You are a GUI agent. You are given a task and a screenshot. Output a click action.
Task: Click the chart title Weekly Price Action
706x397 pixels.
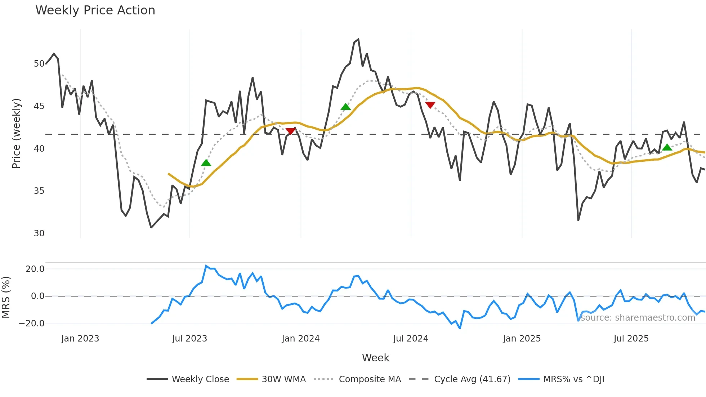click(95, 10)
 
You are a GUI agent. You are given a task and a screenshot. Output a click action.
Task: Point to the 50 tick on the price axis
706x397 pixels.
click(39, 64)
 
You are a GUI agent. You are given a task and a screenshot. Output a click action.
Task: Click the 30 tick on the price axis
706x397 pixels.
click(39, 233)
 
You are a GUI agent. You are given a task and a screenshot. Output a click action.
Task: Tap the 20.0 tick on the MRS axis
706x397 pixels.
click(35, 269)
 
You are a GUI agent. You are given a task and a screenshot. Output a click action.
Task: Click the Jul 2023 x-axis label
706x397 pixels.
click(189, 339)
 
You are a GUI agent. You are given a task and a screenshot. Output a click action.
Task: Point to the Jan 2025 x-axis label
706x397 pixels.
click(522, 339)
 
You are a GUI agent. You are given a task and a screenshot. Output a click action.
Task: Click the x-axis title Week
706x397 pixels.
click(375, 358)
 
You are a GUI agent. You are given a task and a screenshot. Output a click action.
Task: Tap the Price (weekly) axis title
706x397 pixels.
click(16, 133)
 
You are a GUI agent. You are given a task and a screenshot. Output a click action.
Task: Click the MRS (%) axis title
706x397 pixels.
click(6, 297)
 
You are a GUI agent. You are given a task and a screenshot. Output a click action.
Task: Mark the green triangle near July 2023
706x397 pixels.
click(206, 163)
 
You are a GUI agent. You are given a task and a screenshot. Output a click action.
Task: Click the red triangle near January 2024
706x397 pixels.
click(290, 131)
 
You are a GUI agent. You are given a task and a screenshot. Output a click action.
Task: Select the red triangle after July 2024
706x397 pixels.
click(430, 105)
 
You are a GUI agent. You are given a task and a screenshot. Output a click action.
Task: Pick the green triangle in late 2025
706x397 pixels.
click(667, 147)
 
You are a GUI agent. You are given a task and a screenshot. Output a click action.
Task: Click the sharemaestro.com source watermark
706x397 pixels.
click(638, 317)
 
